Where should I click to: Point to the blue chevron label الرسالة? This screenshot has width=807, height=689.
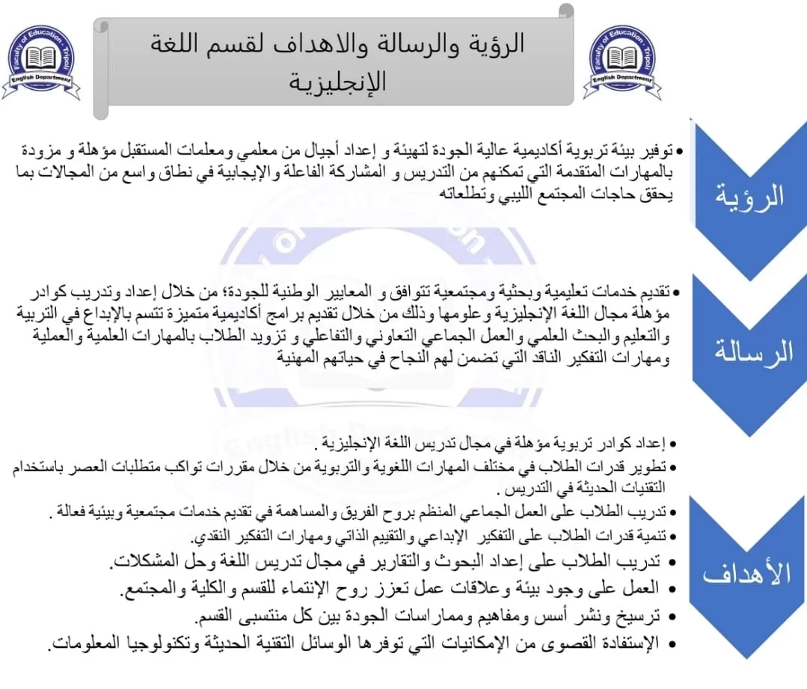click(751, 352)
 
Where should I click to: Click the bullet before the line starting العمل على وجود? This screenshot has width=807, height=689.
click(673, 590)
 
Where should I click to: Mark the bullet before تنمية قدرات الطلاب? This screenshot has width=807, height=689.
click(673, 537)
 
